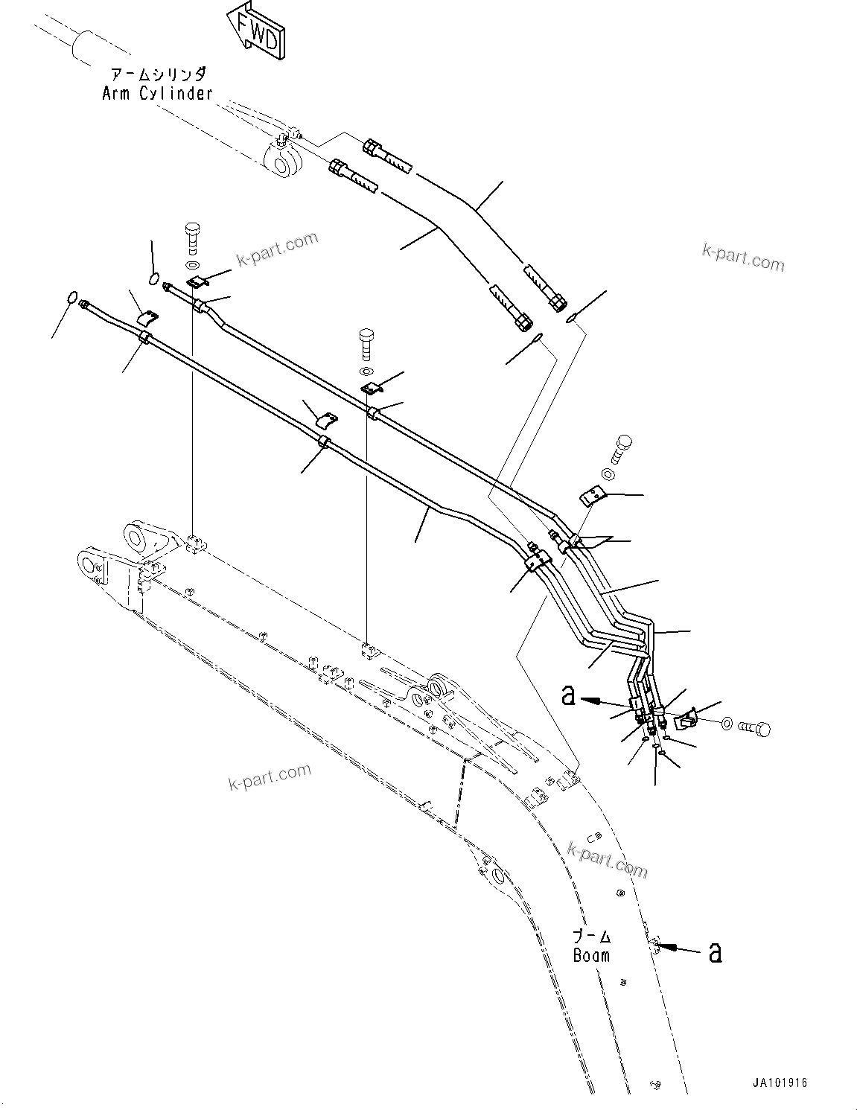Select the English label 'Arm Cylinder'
click(157, 93)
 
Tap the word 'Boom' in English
click(591, 955)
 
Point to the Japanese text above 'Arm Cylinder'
click(157, 75)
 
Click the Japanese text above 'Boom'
click(592, 937)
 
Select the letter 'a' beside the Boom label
click(715, 952)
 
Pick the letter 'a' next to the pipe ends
click(568, 696)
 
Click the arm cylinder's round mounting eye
click(282, 162)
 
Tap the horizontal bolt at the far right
click(754, 729)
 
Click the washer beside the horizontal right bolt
click(726, 722)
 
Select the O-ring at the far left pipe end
click(72, 298)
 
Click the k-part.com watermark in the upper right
click(742, 258)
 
